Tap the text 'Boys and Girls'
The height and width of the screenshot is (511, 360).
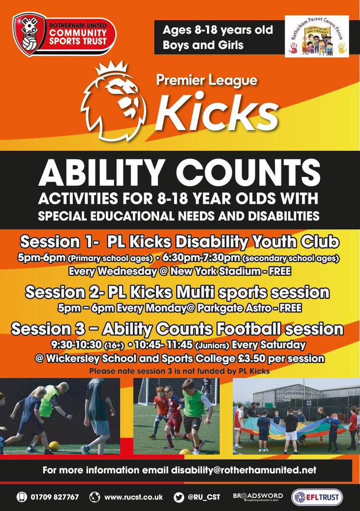pos(200,46)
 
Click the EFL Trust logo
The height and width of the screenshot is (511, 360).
pos(317,497)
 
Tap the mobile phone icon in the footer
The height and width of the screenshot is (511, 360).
pos(20,497)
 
